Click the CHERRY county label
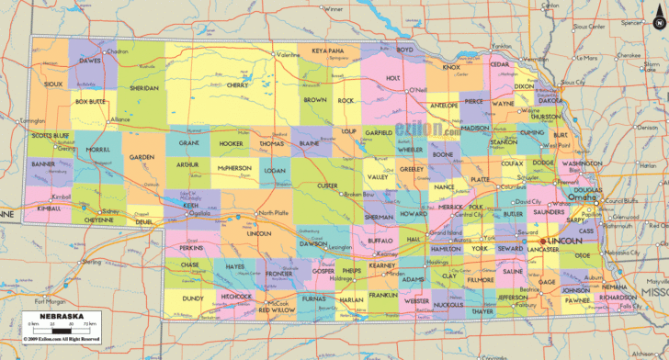tap(237, 84)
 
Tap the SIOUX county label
tap(53, 84)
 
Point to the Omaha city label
tap(579, 197)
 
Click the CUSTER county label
tap(327, 186)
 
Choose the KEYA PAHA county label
tap(327, 51)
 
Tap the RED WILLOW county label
tap(277, 310)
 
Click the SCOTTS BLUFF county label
tap(50, 136)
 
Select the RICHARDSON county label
tap(618, 298)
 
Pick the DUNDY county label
tap(192, 298)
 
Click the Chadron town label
tap(118, 51)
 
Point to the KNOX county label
tap(451, 67)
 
